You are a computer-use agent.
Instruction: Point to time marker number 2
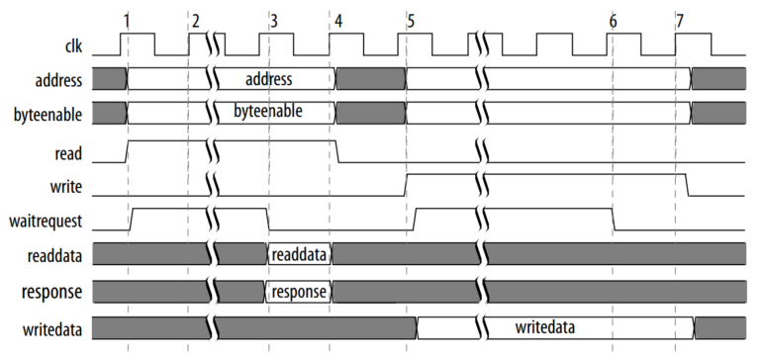(195, 20)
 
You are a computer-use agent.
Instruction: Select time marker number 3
(273, 20)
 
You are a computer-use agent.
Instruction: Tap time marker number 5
(411, 20)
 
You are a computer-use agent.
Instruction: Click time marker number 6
(614, 20)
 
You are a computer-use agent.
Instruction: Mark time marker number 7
(678, 20)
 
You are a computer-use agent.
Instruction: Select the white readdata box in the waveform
(300, 255)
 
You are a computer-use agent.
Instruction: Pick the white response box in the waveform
(299, 292)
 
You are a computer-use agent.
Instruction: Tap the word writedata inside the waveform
(545, 325)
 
